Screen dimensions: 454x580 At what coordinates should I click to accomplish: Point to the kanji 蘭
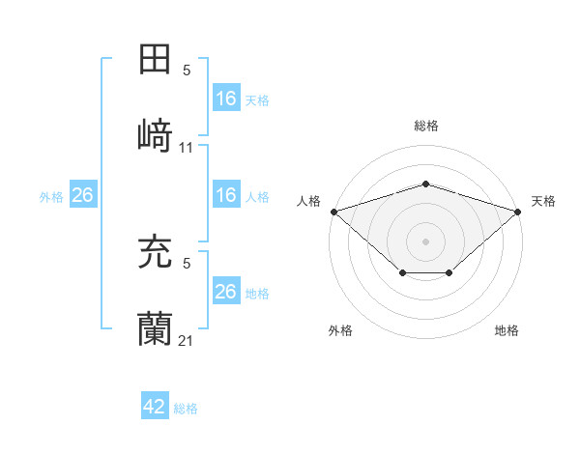(x=156, y=329)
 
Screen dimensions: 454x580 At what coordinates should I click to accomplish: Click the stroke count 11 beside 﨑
(x=187, y=147)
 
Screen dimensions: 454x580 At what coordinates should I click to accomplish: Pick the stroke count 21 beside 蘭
(x=187, y=341)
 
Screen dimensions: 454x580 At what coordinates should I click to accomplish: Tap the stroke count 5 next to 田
(x=187, y=70)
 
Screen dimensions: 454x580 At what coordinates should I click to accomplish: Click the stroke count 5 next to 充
(x=187, y=262)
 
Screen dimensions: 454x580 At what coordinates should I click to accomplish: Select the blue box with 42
(x=155, y=407)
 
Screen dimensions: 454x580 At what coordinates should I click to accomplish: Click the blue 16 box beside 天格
(x=225, y=99)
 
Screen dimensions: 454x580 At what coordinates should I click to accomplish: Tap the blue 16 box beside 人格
(x=225, y=195)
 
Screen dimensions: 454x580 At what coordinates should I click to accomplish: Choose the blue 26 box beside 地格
(x=225, y=292)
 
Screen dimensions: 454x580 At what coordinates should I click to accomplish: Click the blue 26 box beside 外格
(x=82, y=195)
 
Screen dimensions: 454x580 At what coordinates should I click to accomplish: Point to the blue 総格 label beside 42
(x=186, y=409)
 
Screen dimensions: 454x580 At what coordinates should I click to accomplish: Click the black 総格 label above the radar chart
(x=426, y=126)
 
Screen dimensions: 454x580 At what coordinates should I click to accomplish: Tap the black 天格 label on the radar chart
(x=543, y=201)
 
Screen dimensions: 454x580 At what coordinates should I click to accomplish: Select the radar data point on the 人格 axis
(x=333, y=211)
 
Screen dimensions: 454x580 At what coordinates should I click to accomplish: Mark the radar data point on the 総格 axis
(x=426, y=184)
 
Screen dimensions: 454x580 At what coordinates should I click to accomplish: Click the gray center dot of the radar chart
(x=426, y=241)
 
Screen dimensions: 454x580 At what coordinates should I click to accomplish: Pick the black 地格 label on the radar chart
(x=507, y=330)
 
